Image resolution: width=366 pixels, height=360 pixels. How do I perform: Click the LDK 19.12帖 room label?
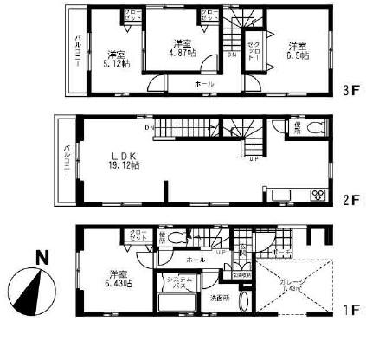click(x=124, y=160)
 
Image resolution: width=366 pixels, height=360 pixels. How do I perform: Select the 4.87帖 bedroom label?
click(x=182, y=48)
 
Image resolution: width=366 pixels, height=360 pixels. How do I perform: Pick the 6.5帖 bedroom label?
click(x=297, y=51)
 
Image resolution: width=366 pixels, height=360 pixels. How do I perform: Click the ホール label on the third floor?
click(x=204, y=84)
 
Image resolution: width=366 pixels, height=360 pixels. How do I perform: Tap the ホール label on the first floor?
click(x=195, y=259)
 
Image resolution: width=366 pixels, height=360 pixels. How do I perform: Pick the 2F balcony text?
click(x=67, y=159)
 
